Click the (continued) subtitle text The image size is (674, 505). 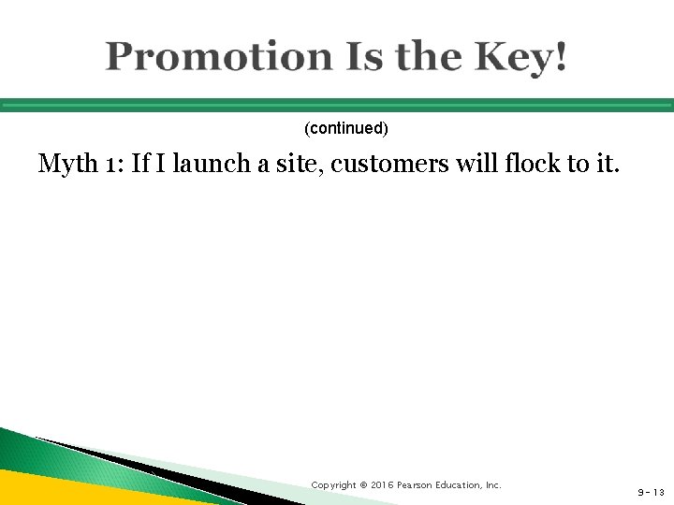(x=346, y=125)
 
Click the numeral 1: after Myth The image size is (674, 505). (x=113, y=166)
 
